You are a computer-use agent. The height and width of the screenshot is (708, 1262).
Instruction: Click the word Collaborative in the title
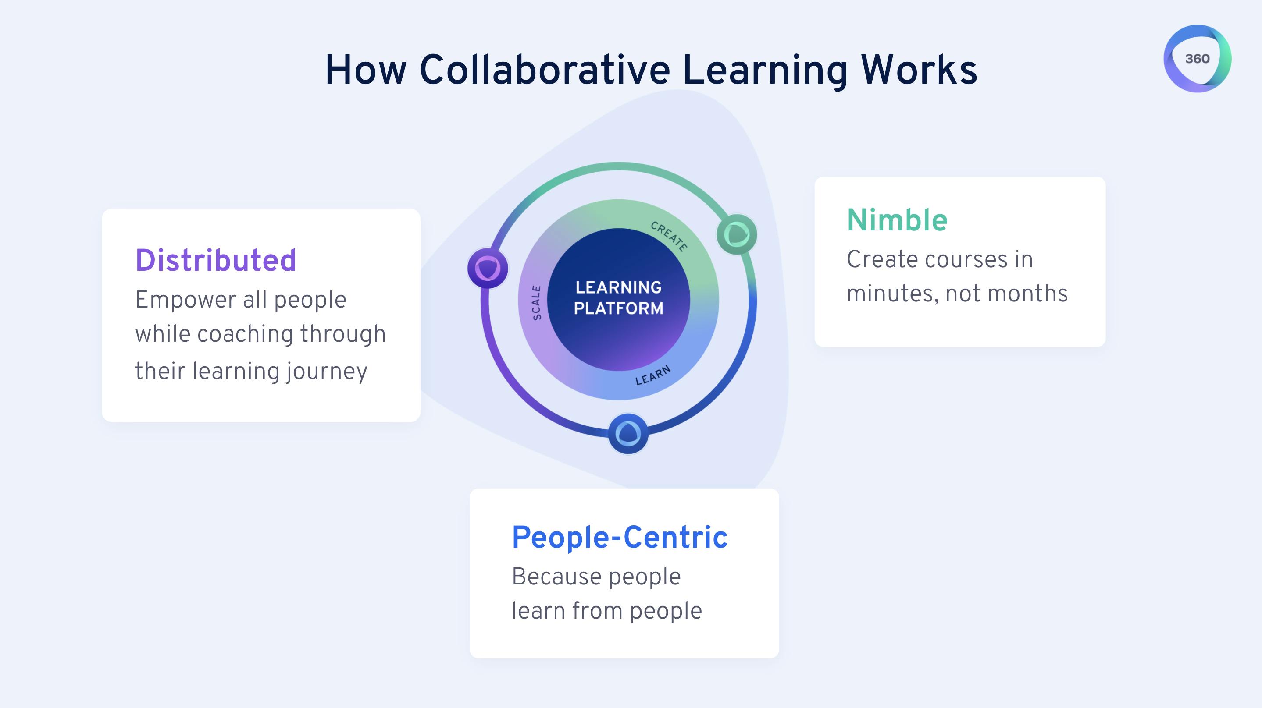[x=545, y=70]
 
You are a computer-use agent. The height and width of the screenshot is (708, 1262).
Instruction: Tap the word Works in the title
[x=919, y=70]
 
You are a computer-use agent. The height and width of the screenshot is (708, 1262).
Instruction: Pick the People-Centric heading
[x=620, y=537]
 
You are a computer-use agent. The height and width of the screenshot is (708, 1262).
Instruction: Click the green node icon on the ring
[x=736, y=234]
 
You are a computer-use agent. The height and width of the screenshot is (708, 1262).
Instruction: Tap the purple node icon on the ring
[x=488, y=268]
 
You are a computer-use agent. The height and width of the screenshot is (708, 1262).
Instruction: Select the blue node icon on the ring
[x=628, y=434]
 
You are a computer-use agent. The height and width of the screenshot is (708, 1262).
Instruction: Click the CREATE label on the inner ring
[x=669, y=236]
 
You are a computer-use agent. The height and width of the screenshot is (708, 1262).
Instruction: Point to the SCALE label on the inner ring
[x=537, y=303]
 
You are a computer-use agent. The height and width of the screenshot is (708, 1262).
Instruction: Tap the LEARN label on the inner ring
[x=653, y=375]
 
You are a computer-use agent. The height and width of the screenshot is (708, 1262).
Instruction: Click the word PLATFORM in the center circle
[x=619, y=308]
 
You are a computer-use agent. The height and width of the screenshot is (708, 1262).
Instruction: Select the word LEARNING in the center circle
[x=619, y=287]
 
